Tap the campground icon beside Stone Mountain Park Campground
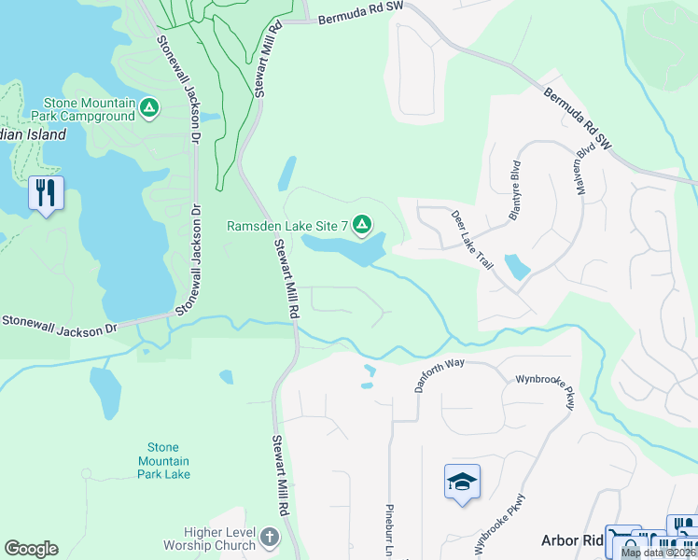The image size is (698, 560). (148, 109)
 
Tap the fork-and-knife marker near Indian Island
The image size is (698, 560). (46, 193)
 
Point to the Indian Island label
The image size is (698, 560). (33, 134)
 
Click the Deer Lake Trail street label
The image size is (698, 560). (471, 240)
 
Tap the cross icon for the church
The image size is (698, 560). (269, 538)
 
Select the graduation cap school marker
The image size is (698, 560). (462, 482)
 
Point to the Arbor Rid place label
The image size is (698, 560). (572, 540)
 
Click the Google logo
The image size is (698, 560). (31, 549)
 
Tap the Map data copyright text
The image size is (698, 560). (658, 553)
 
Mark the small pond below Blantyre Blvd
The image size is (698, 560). (516, 267)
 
